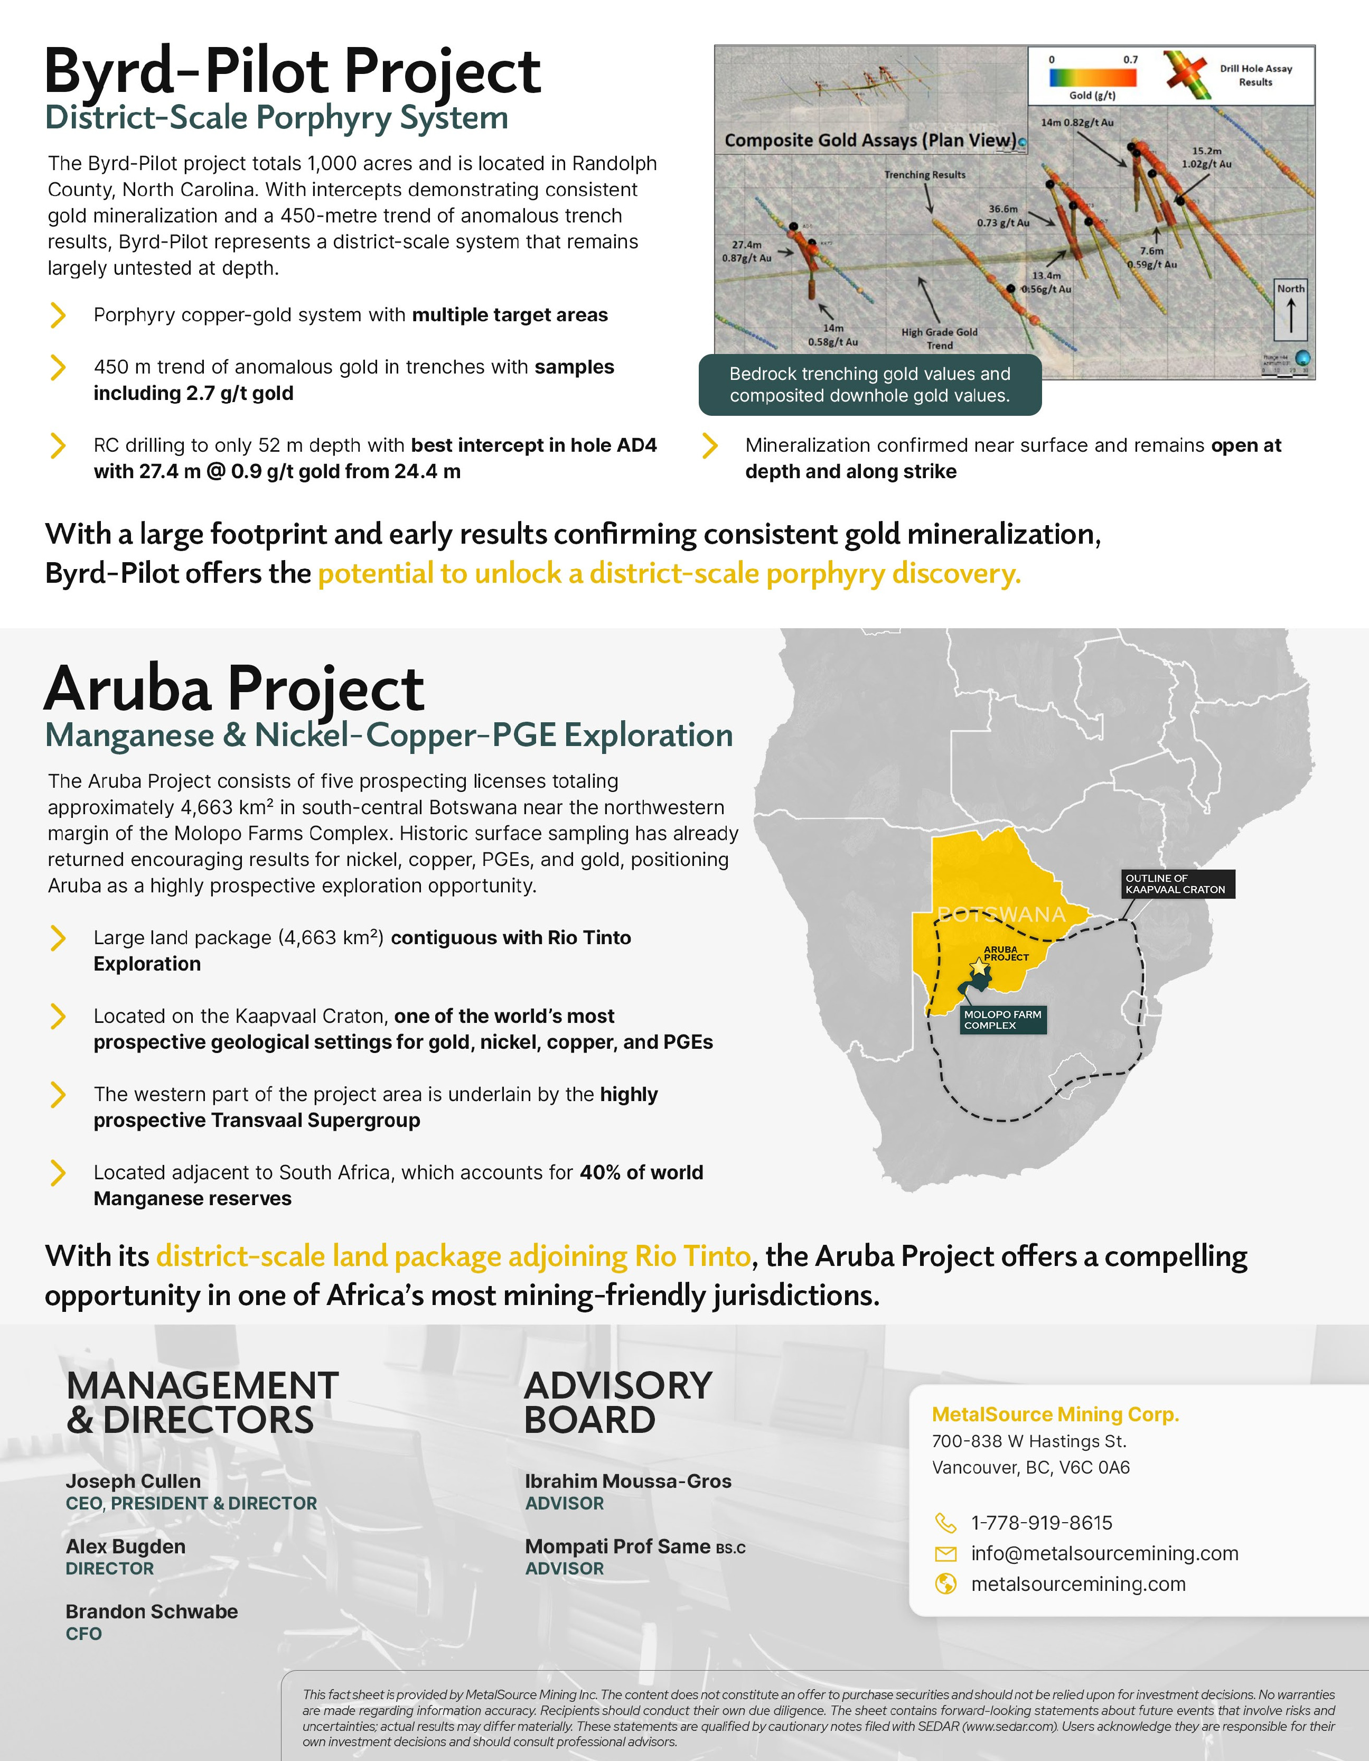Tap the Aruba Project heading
[x=234, y=690]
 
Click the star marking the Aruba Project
[x=978, y=966]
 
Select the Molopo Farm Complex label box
[x=1002, y=1020]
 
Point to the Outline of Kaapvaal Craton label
[x=1176, y=884]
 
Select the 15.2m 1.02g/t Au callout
[x=1206, y=157]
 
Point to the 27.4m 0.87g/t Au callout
[x=747, y=251]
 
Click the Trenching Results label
[x=925, y=175]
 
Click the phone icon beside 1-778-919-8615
[x=945, y=1522]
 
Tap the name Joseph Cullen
[x=133, y=1481]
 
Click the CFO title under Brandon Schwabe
[x=84, y=1634]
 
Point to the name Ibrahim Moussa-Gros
[x=628, y=1481]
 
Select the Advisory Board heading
[x=617, y=1403]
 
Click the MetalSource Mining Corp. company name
[x=1055, y=1414]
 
